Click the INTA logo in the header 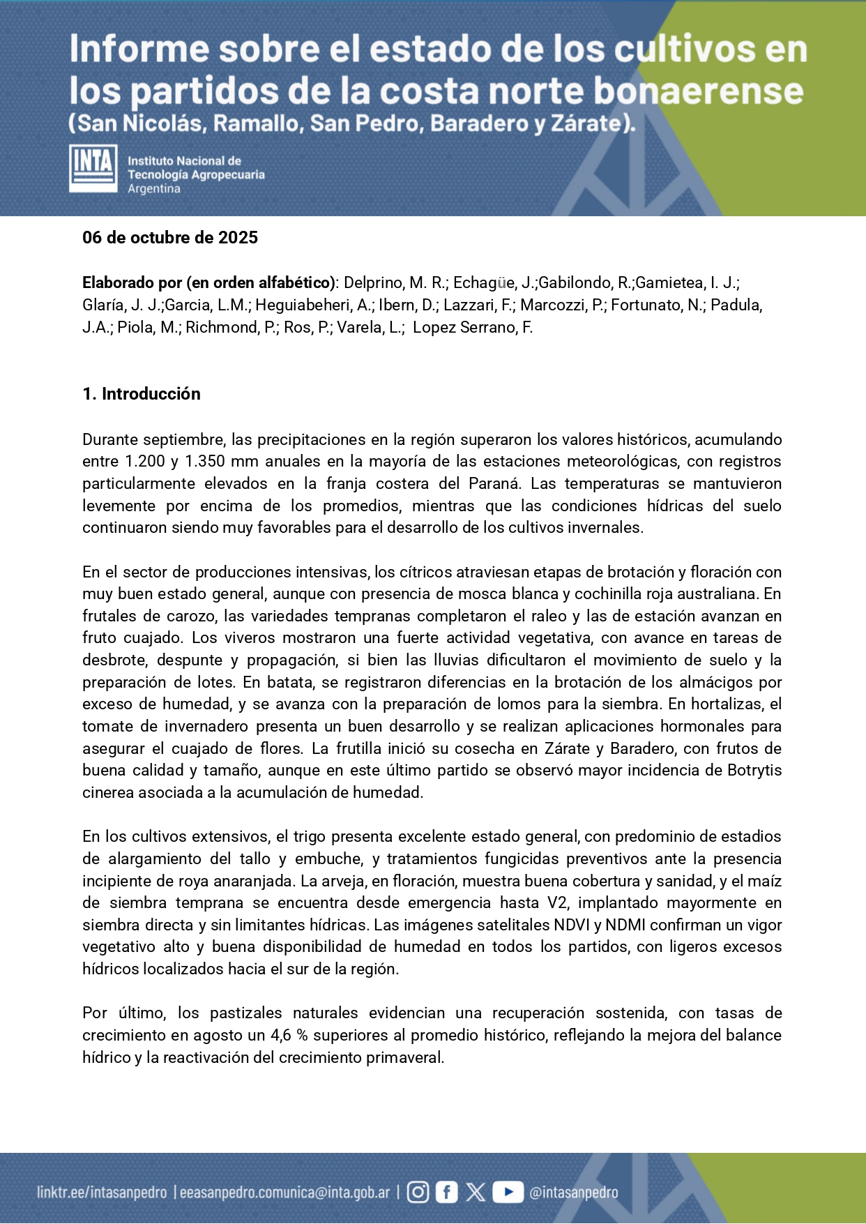click(x=93, y=168)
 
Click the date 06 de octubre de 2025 click(x=170, y=238)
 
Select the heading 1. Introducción click(x=142, y=394)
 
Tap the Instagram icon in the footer click(x=418, y=1192)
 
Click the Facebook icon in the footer click(x=446, y=1192)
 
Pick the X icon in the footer click(x=476, y=1192)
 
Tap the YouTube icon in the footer click(x=508, y=1192)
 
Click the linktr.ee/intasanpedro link click(x=102, y=1193)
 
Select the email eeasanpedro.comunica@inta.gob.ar click(x=284, y=1193)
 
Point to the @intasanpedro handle click(x=574, y=1193)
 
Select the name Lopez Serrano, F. click(x=473, y=327)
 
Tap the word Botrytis click(x=754, y=770)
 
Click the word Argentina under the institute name click(x=154, y=189)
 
